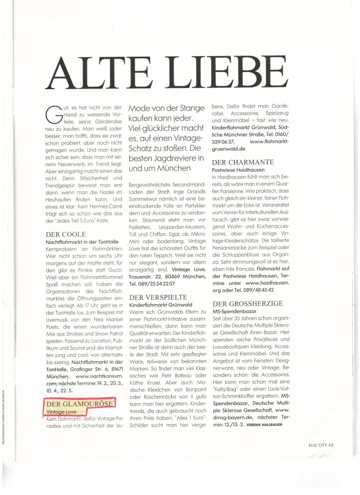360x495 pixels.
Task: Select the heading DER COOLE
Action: pos(62,234)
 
